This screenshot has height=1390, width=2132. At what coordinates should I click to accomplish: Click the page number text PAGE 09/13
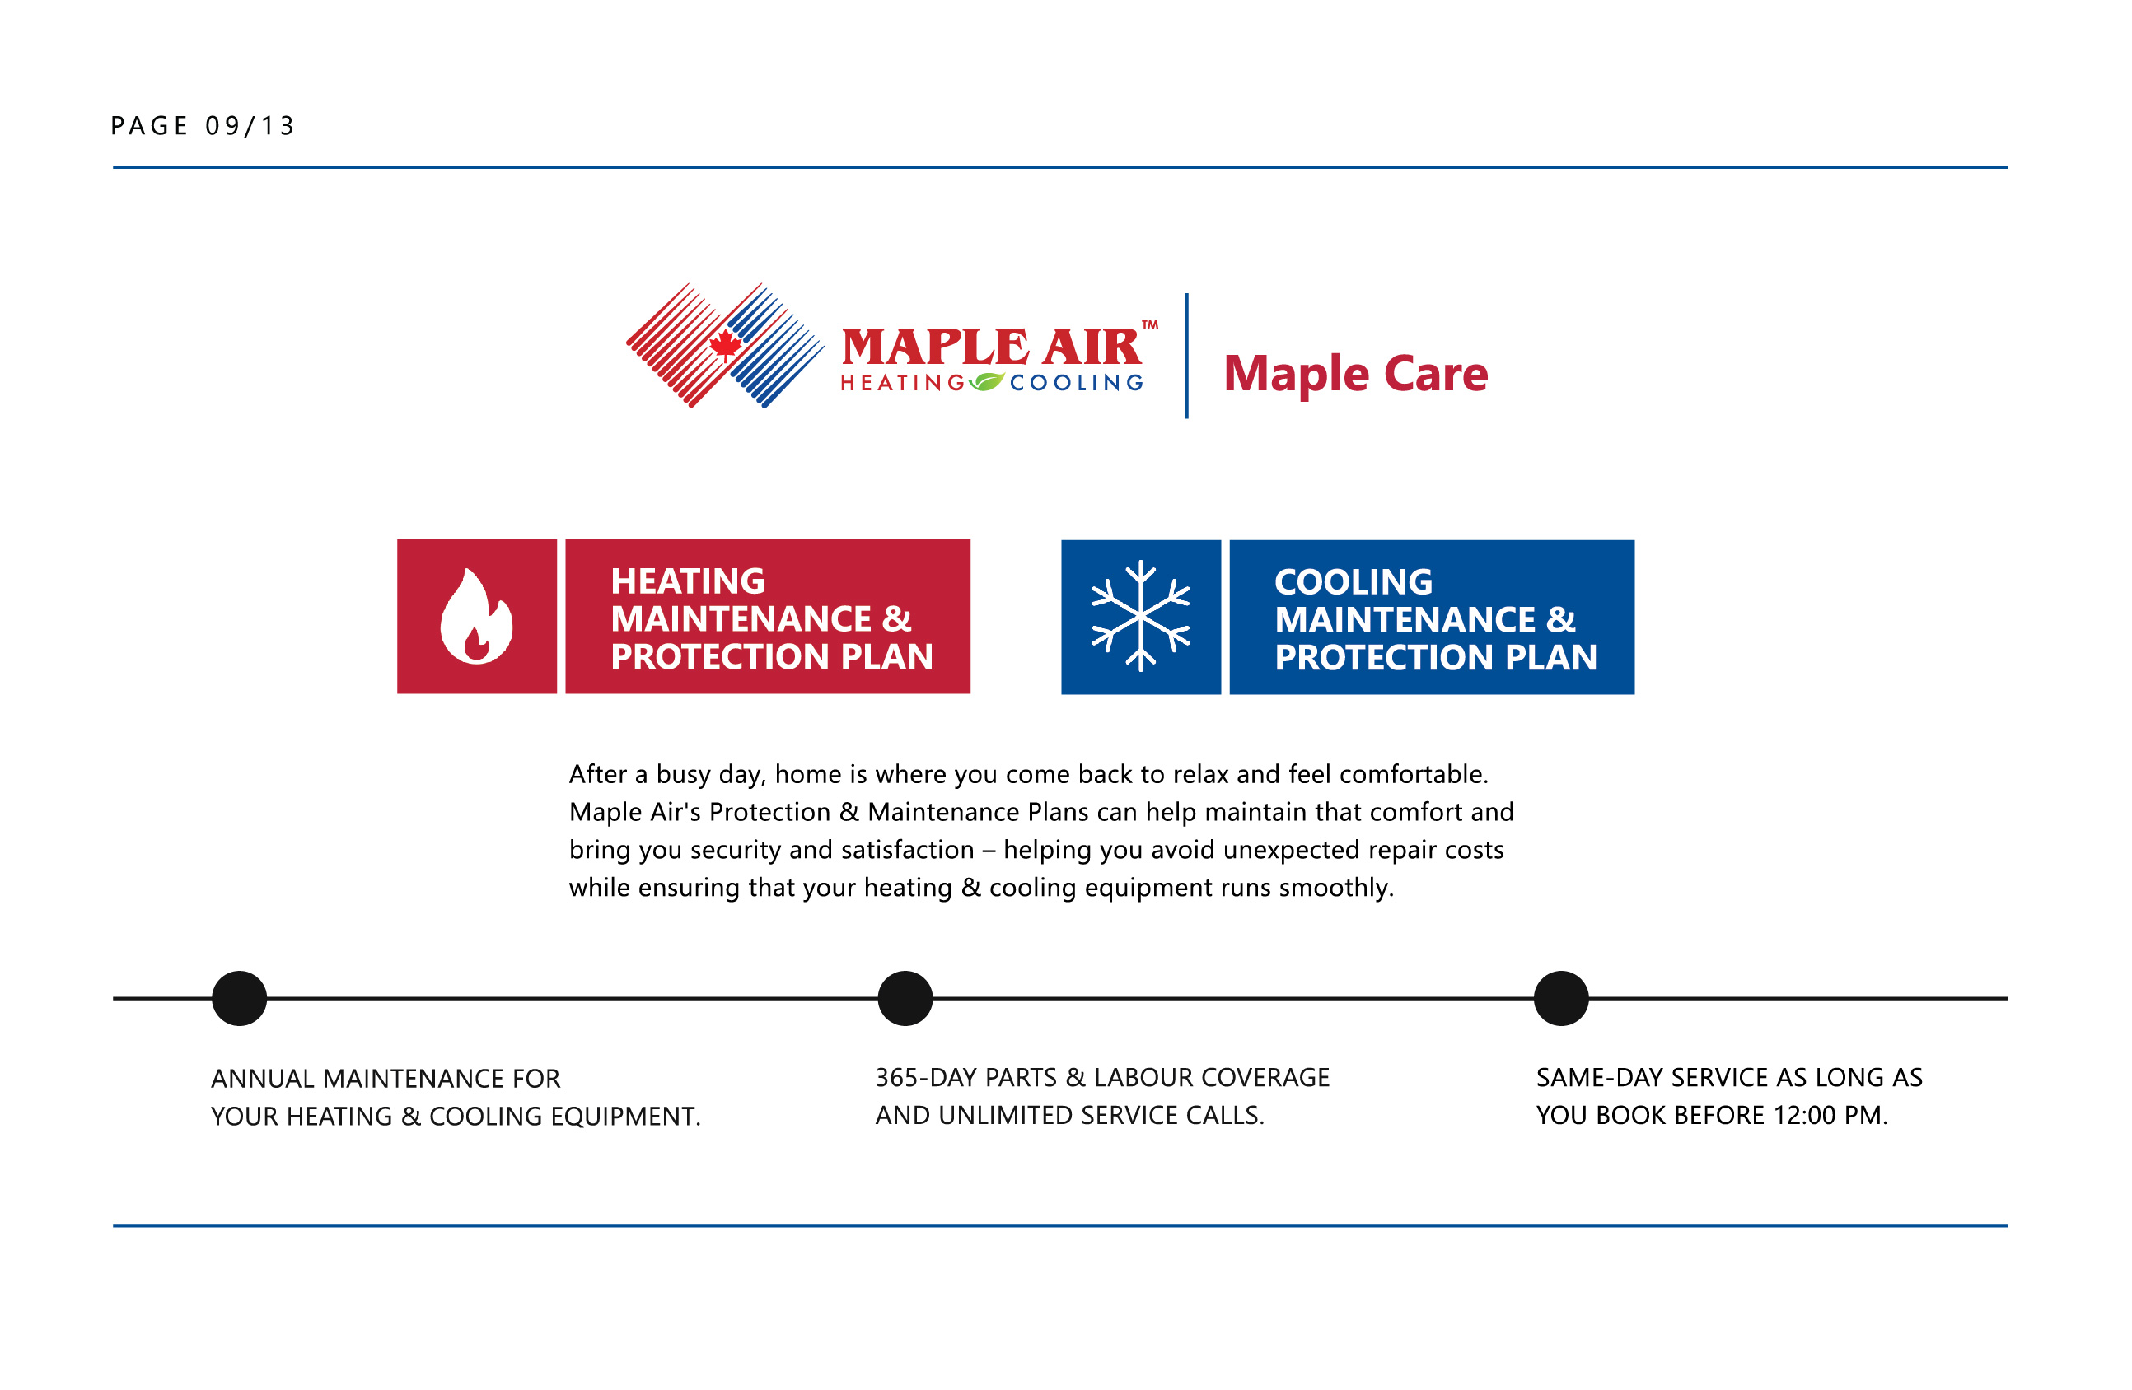(x=203, y=126)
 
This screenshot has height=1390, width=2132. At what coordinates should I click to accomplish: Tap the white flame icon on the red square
(x=476, y=617)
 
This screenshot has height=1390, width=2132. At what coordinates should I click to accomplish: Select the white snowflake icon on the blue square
(x=1141, y=616)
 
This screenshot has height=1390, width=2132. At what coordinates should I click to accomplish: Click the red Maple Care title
(x=1356, y=375)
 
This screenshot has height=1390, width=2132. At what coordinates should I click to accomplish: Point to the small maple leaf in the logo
(x=725, y=346)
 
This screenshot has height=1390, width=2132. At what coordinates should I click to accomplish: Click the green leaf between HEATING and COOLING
(x=986, y=382)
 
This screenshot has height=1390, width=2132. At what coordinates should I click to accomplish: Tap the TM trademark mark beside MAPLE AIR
(x=1150, y=325)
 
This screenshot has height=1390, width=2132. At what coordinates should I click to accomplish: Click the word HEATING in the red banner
(x=688, y=582)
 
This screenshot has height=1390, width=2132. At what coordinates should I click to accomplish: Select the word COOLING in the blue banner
(x=1354, y=583)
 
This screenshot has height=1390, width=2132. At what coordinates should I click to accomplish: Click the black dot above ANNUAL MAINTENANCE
(x=239, y=999)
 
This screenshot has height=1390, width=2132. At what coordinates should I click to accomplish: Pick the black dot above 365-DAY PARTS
(x=905, y=999)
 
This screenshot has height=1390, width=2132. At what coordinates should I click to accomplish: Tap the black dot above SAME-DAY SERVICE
(x=1561, y=999)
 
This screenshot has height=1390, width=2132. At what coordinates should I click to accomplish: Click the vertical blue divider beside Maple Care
(x=1187, y=356)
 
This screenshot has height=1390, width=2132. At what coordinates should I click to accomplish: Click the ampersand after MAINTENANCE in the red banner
(x=896, y=620)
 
